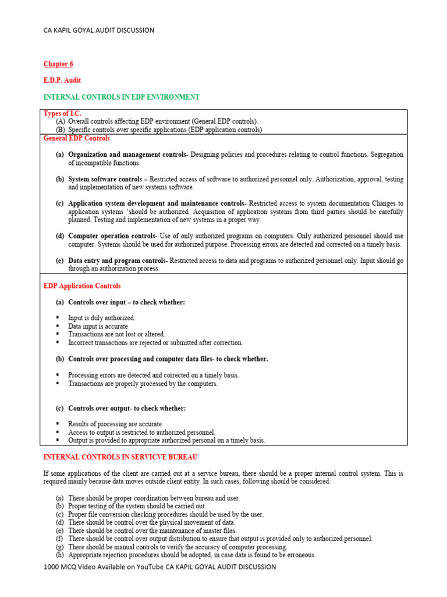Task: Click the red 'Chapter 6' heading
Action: point(58,64)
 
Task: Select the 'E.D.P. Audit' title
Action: point(62,80)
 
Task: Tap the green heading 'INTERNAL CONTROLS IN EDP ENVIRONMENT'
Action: point(122,97)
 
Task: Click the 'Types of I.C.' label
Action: point(62,113)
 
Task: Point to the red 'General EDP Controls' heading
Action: point(77,139)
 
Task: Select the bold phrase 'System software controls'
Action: point(105,179)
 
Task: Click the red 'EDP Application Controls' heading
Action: point(82,286)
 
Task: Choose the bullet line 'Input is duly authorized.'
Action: point(101,318)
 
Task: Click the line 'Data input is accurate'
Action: point(98,326)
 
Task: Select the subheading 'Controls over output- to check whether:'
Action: point(127,408)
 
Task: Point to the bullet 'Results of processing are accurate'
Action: point(115,424)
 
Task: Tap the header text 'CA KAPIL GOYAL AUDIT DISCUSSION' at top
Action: point(99,30)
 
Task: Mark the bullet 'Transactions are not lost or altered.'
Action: point(116,334)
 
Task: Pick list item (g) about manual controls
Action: point(178,547)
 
